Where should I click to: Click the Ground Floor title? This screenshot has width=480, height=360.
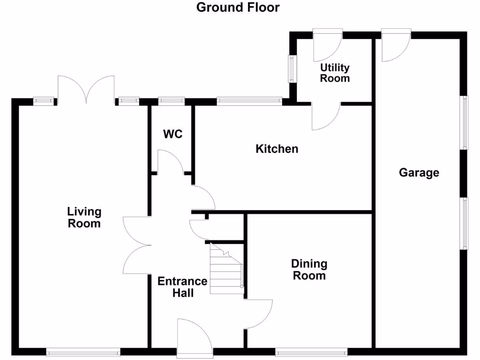tap(238, 7)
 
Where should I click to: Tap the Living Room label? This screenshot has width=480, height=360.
tap(84, 217)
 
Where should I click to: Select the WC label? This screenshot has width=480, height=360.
tap(172, 134)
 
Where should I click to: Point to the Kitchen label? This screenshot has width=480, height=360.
tap(277, 149)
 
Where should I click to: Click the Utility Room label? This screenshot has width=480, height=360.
tap(335, 73)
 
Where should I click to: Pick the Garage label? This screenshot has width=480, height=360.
tap(419, 172)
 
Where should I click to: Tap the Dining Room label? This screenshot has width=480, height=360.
tap(309, 270)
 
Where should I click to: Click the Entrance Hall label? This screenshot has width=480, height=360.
tap(182, 287)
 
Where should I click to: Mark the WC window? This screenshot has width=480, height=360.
tap(172, 100)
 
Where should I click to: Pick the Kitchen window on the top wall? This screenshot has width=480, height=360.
tap(249, 100)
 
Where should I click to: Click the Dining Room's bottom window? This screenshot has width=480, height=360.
tap(311, 351)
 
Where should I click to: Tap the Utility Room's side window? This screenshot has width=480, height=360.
tap(292, 69)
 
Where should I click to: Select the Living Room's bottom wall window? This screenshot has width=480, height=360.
tap(83, 351)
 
